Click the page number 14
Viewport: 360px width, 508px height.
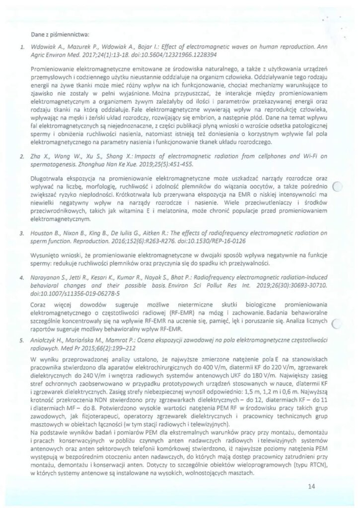[x=311, y=486]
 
